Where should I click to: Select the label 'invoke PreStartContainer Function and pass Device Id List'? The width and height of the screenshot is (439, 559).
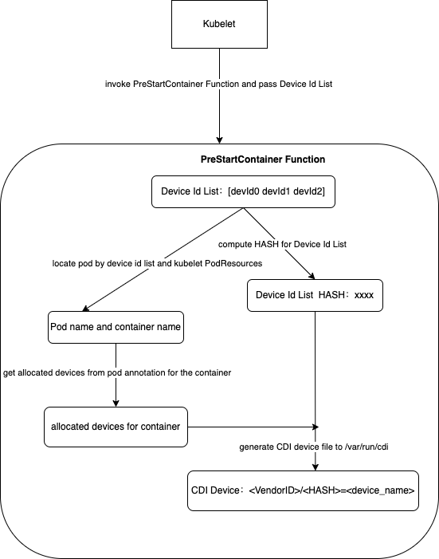pyautogui.click(x=218, y=84)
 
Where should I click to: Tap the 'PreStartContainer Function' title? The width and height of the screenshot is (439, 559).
pyautogui.click(x=262, y=159)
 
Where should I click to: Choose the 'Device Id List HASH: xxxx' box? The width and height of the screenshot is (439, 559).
pyautogui.click(x=316, y=295)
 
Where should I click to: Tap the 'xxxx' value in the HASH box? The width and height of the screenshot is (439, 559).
pyautogui.click(x=364, y=295)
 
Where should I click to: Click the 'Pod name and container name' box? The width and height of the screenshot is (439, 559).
pyautogui.click(x=116, y=327)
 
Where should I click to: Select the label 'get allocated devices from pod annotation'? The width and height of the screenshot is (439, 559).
pyautogui.click(x=117, y=372)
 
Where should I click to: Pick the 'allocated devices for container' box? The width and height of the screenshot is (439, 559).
pyautogui.click(x=116, y=427)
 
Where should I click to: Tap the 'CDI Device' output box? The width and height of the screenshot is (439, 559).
pyautogui.click(x=302, y=490)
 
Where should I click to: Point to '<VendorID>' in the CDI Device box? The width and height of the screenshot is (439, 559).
pyautogui.click(x=276, y=490)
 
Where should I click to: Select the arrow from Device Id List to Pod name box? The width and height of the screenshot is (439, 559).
pyautogui.click(x=159, y=262)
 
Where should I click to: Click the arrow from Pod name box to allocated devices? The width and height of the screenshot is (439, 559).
pyautogui.click(x=116, y=375)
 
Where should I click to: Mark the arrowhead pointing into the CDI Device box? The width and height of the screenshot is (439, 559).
pyautogui.click(x=316, y=466)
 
